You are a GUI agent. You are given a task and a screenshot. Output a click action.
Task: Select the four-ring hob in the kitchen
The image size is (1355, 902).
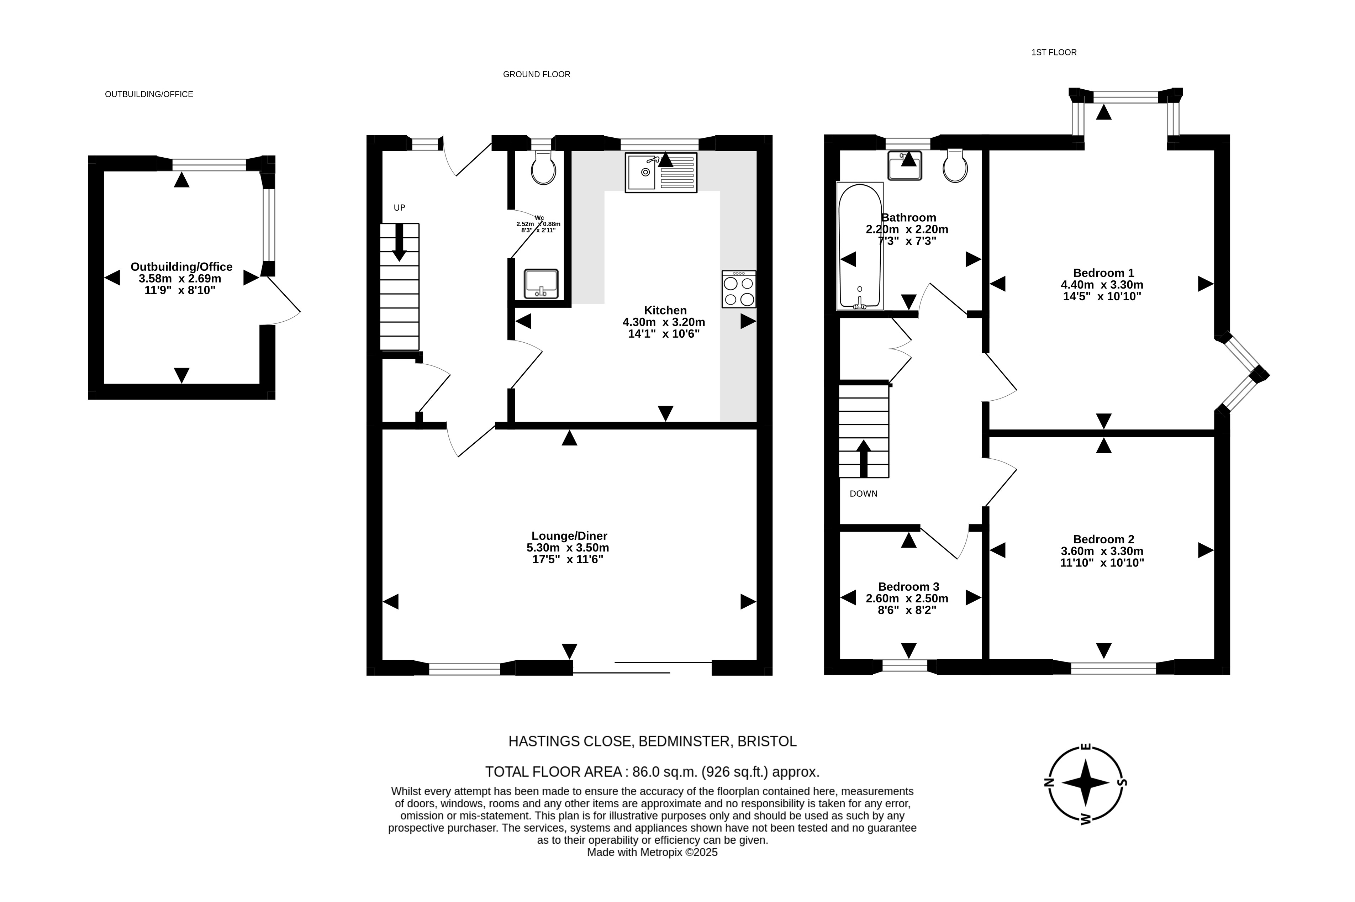click(x=739, y=289)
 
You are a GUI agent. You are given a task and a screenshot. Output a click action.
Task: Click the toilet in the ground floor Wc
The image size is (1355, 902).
click(x=543, y=167)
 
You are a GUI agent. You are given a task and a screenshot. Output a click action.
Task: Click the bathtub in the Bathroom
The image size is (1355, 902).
click(x=860, y=246)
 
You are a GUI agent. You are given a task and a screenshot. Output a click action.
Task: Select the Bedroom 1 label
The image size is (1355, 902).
click(x=1103, y=273)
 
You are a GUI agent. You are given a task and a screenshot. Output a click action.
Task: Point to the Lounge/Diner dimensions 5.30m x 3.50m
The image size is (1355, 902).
click(x=568, y=548)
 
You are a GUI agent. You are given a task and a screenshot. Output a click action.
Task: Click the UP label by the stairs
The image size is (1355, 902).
click(x=399, y=208)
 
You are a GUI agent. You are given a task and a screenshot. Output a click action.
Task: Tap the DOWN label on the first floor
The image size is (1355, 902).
click(x=863, y=494)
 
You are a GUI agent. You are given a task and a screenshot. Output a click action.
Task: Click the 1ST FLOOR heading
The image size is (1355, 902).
click(x=1054, y=52)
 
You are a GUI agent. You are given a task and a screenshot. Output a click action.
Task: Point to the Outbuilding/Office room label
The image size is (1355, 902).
click(x=181, y=267)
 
